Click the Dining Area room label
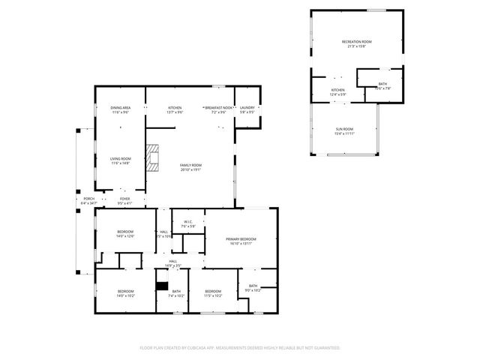[x=121, y=108]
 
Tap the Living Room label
[x=121, y=159]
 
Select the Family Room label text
[x=190, y=165]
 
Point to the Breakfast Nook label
[x=219, y=108]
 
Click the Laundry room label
[x=247, y=108]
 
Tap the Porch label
[x=88, y=199]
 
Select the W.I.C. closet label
[x=188, y=221]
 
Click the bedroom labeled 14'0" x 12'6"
[x=124, y=232]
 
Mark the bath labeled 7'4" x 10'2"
[x=176, y=292]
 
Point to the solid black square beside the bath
[x=160, y=286]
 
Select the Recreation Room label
[x=357, y=41]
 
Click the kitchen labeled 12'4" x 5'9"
[x=337, y=93]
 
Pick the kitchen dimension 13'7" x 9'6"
[x=175, y=112]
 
